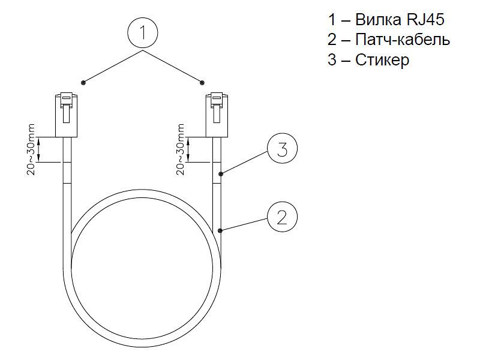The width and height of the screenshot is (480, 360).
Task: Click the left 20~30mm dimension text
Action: [x=31, y=149]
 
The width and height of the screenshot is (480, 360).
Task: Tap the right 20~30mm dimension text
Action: [x=181, y=149]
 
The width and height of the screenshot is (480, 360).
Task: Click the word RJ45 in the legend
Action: [x=425, y=20]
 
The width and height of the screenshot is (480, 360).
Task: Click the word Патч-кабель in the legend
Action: [x=403, y=40]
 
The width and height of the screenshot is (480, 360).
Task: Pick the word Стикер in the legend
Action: [x=382, y=59]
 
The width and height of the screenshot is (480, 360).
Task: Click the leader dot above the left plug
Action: [x=83, y=82]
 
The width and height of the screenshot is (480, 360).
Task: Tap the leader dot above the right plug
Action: [x=202, y=82]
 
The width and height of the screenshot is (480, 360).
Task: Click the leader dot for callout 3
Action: [x=220, y=174]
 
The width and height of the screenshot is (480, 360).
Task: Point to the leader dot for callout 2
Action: [x=220, y=230]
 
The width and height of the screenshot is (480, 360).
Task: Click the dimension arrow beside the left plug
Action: [x=39, y=149]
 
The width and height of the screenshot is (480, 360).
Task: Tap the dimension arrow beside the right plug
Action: [x=188, y=149]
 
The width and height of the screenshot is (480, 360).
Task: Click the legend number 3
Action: [x=332, y=59]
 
